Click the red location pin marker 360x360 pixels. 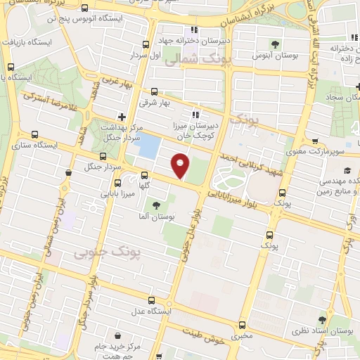pyautogui.click(x=181, y=166)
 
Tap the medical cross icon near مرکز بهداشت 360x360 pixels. pyautogui.click(x=122, y=116)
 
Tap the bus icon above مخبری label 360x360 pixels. pyautogui.click(x=243, y=326)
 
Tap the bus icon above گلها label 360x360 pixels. pyautogui.click(x=144, y=175)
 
